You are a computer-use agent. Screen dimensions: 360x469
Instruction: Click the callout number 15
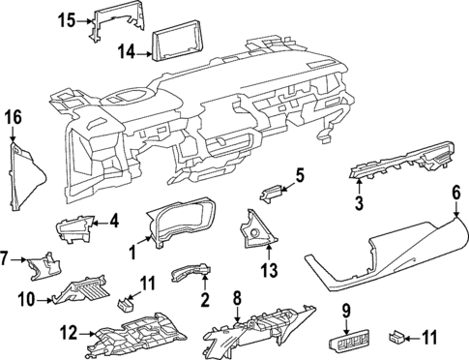(x=66, y=19)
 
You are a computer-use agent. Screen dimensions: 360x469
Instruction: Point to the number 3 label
(x=358, y=202)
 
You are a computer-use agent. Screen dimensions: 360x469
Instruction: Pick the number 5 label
(x=299, y=175)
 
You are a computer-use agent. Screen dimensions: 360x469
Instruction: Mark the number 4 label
(x=113, y=222)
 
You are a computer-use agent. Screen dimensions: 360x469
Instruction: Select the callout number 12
(x=67, y=334)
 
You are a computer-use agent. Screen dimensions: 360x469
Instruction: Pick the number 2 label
(x=204, y=300)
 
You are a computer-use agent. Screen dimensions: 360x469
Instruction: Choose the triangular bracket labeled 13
(x=256, y=228)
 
